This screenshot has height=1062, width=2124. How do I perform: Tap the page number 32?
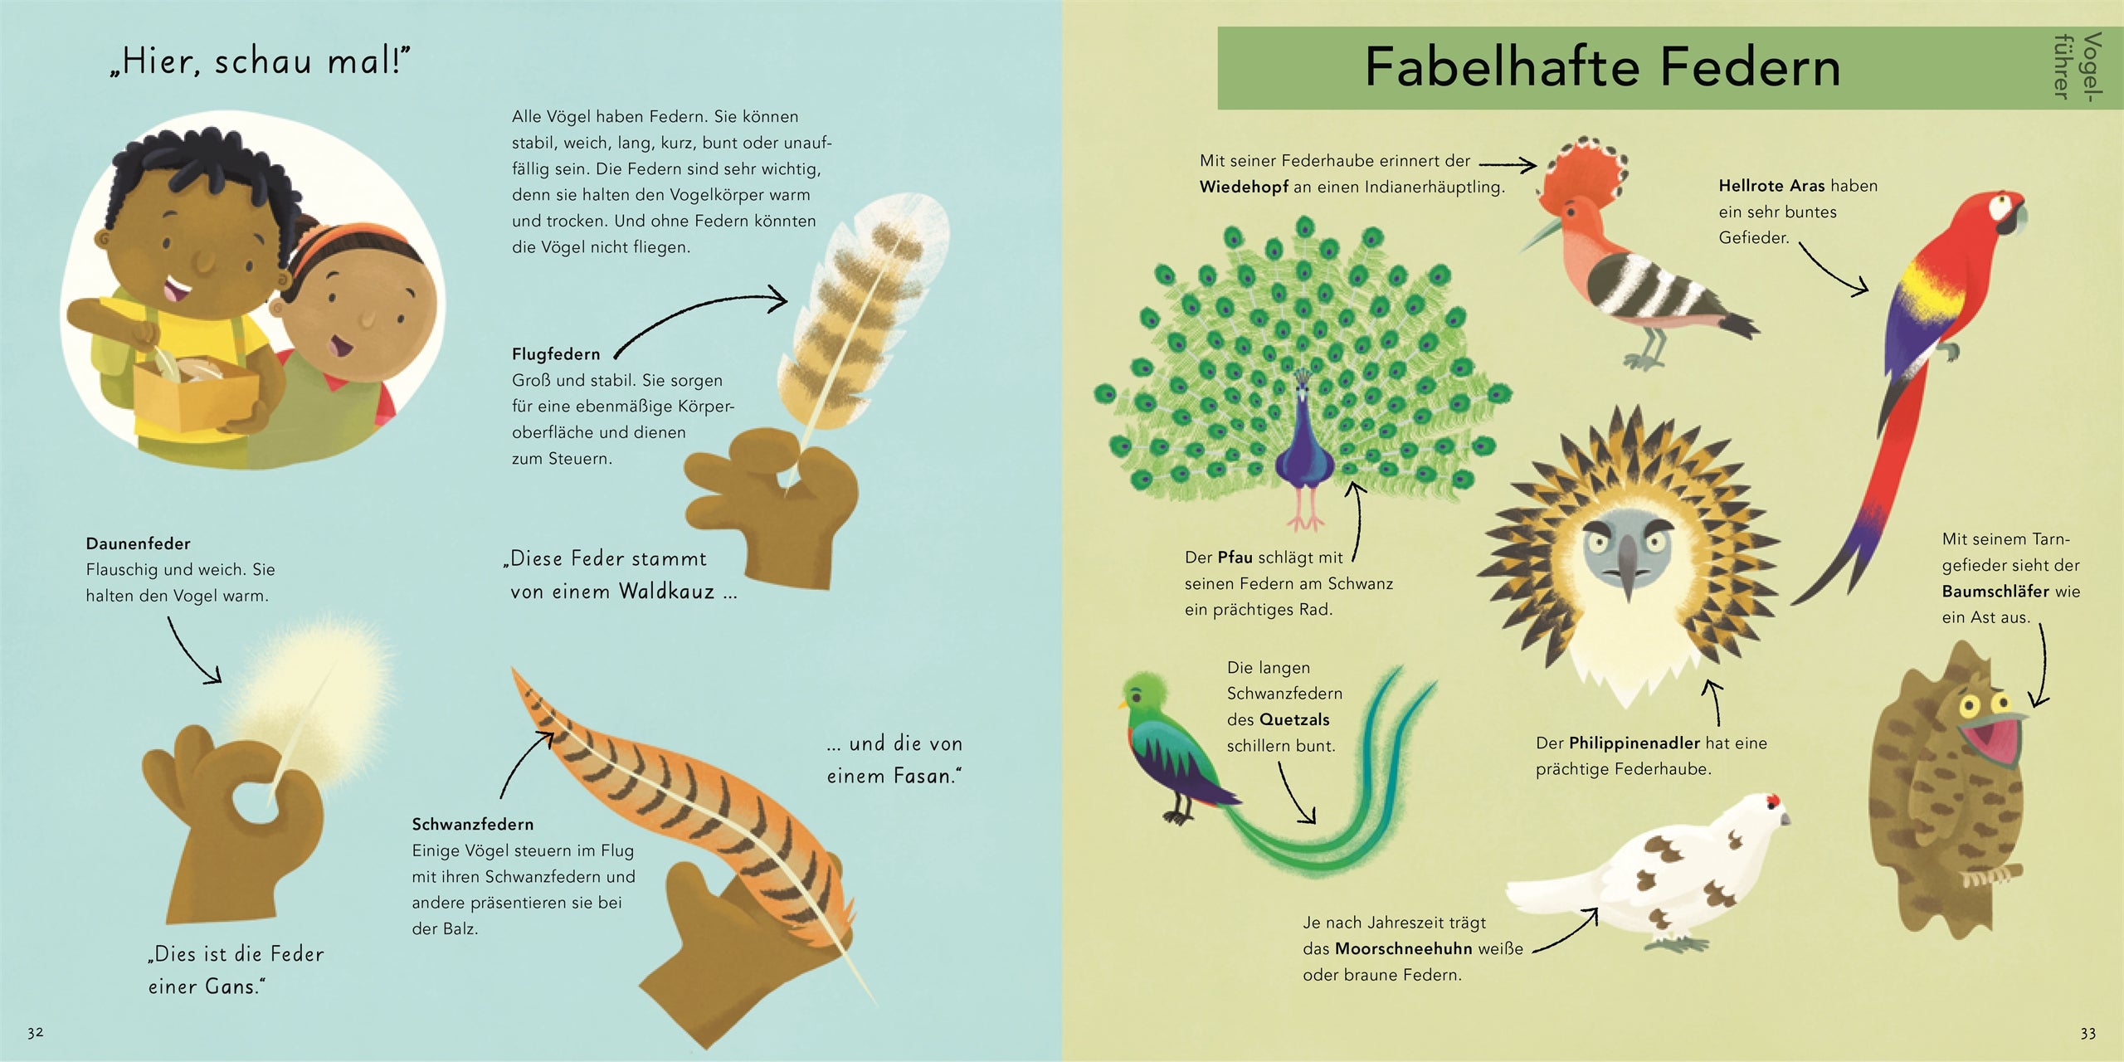(35, 1033)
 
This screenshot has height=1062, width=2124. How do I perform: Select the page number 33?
(2087, 1034)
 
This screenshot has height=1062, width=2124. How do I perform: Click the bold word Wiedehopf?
(1244, 188)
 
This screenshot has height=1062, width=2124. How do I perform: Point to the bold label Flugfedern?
(556, 354)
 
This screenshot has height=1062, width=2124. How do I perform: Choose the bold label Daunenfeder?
(139, 544)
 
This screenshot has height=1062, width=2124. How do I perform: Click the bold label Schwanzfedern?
(473, 825)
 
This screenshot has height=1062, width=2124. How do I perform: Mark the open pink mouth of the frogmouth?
(1991, 743)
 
